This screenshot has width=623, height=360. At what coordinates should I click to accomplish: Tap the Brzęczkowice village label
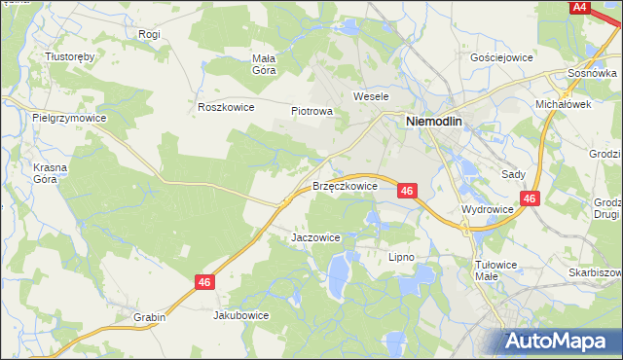point(345,185)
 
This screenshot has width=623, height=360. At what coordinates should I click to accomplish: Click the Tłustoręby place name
point(70,56)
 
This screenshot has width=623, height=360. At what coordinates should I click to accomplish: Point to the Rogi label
point(149,34)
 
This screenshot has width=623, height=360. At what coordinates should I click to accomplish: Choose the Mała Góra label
point(265,63)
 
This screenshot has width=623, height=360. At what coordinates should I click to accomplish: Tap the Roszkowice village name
point(225,107)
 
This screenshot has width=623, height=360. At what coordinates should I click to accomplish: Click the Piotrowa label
point(311,111)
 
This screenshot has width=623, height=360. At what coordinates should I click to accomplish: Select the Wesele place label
point(371,97)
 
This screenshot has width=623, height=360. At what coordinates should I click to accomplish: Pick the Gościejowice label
point(501,57)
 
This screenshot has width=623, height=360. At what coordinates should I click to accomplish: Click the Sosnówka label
point(594,74)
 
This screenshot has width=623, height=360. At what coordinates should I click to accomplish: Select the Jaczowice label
point(315,236)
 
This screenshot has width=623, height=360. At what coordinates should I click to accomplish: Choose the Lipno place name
point(401,257)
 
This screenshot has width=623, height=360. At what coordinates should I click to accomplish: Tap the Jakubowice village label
point(240,315)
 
